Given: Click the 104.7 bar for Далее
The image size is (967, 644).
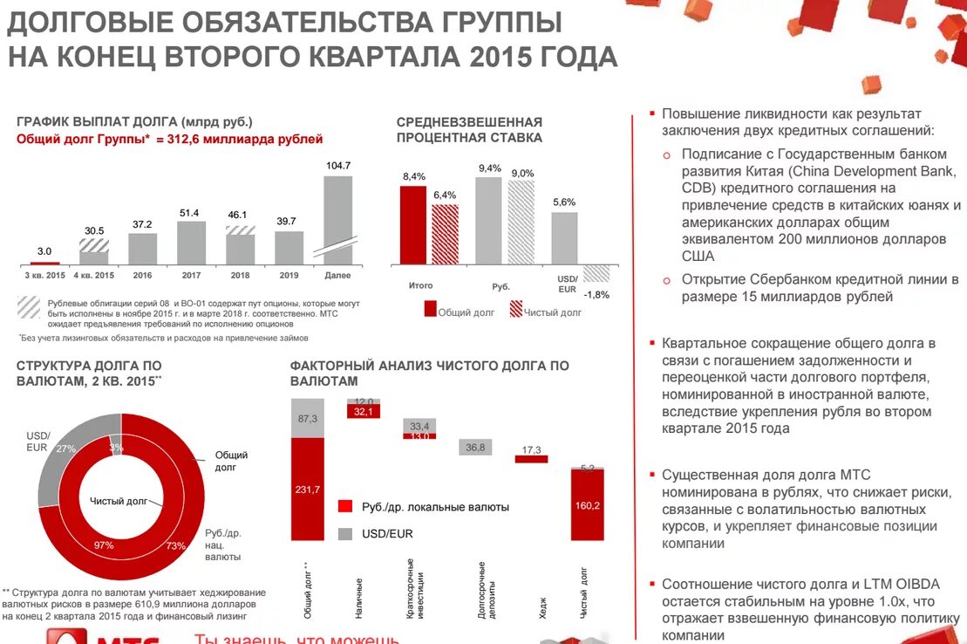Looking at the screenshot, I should click(338, 218).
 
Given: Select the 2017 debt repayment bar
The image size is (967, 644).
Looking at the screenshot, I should click(191, 242).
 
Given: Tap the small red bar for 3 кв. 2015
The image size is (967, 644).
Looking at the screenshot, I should click(44, 263).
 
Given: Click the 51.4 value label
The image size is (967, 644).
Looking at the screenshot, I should click(189, 213).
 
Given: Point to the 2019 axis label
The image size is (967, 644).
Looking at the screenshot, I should click(289, 275).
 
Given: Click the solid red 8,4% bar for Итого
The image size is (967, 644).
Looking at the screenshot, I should click(413, 224).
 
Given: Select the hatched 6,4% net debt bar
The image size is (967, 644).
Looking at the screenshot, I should click(445, 233).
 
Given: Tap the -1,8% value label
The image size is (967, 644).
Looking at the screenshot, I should click(596, 294).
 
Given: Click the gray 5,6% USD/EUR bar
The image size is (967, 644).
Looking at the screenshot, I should click(565, 237).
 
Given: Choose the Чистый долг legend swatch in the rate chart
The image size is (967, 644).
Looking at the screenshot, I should click(516, 309).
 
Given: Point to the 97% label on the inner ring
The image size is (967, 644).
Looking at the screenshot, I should click(104, 545).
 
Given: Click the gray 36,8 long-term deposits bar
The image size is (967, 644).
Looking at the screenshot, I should click(475, 447).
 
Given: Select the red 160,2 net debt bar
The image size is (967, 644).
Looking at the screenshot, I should click(588, 504).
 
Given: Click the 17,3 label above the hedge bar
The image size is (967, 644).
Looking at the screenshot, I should click(531, 449).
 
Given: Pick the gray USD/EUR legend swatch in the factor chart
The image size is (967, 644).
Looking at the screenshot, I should click(345, 533).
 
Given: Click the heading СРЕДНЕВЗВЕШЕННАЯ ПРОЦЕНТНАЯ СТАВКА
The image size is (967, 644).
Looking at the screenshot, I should click(469, 129).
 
